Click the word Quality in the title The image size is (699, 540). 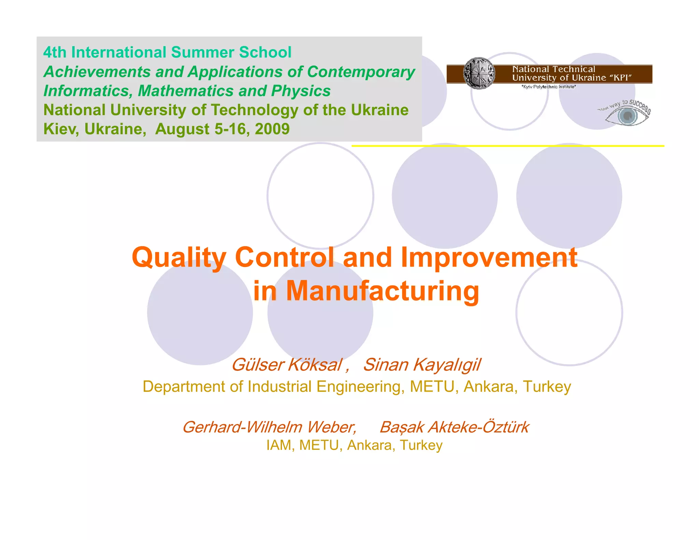coord(179,258)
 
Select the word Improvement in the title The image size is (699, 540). coord(489,257)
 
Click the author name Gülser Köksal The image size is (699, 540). coord(287,365)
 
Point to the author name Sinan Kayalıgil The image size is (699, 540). coord(422,365)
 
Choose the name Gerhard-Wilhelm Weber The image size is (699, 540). coord(269,427)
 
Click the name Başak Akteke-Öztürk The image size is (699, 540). coord(454,427)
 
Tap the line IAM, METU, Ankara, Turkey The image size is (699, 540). coord(354,445)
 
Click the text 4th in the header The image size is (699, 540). coord(55,52)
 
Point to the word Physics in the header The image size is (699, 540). coord(301,91)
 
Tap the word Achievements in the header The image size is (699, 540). coord(97,72)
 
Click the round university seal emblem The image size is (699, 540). coord(479,73)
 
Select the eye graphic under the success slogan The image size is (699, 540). coord(627,116)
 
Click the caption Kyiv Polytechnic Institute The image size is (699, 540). coord(549,87)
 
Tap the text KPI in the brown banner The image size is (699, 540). coord(620,78)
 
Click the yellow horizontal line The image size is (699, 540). coord(508,146)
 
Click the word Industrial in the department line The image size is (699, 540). coord(280,387)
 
